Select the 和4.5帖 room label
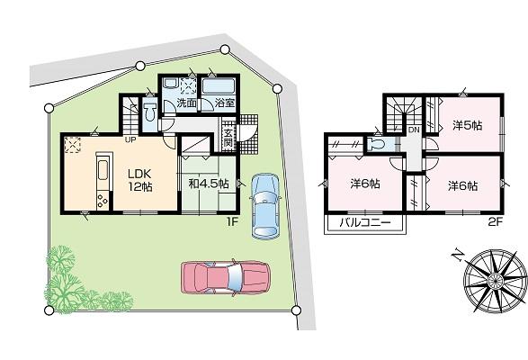(208, 183)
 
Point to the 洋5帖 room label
(467, 125)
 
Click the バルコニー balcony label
(364, 221)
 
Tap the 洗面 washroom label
(186, 104)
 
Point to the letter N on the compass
(457, 253)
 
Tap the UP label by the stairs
(130, 139)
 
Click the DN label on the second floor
(414, 130)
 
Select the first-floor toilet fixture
(148, 110)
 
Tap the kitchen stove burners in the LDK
(101, 201)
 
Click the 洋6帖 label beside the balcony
(363, 184)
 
